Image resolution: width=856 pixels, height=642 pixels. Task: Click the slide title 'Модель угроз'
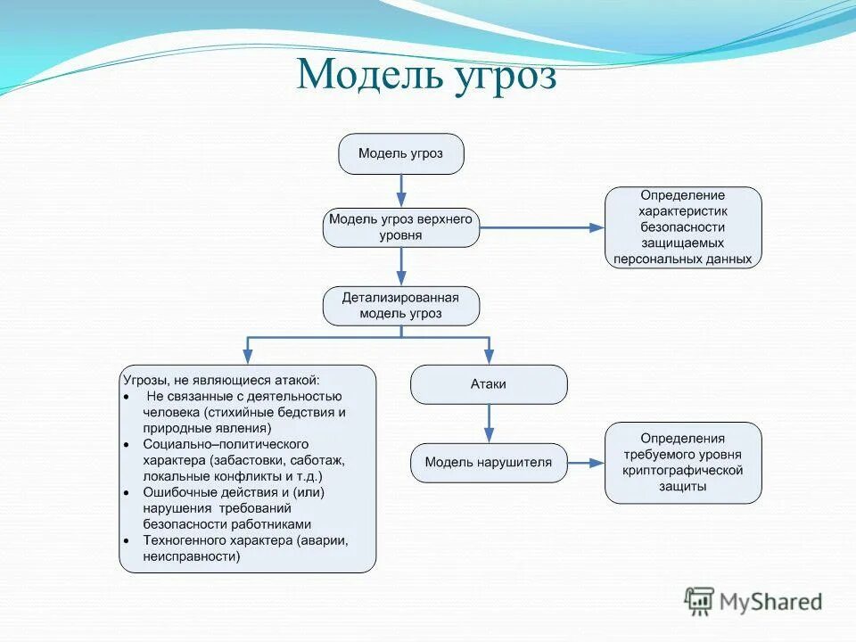click(x=426, y=75)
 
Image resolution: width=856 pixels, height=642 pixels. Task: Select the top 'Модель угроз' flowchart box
click(x=400, y=153)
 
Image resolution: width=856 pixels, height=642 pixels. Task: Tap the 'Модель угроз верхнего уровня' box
click(x=400, y=227)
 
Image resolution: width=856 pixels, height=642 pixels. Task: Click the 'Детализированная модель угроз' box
click(x=400, y=306)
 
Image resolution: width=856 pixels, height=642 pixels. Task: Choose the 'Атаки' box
click(x=488, y=384)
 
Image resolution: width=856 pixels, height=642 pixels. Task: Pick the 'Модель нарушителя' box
click(x=488, y=463)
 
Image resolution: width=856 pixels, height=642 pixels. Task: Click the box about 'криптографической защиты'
click(x=683, y=463)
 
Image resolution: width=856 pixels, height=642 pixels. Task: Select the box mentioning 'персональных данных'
click(x=683, y=227)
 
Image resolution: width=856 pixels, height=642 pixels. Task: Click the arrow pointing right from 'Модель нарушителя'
click(x=586, y=463)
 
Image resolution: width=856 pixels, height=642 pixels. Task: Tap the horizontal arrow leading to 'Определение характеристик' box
click(x=542, y=227)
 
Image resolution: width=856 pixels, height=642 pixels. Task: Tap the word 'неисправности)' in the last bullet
click(x=191, y=556)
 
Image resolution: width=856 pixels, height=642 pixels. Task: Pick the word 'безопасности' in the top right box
click(x=683, y=227)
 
